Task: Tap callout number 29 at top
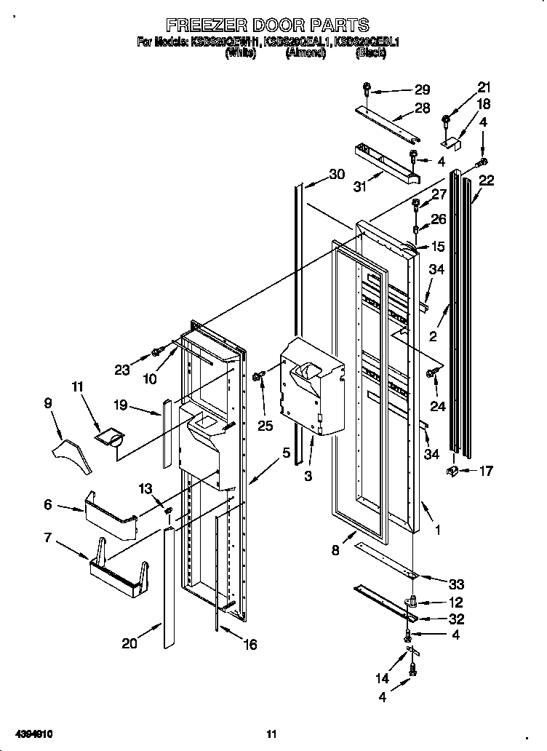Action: click(x=422, y=90)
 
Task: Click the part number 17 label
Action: click(x=485, y=471)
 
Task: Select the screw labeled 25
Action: click(x=257, y=375)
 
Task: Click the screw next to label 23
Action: click(x=156, y=352)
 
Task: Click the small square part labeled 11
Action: click(x=111, y=436)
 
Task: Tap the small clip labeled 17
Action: click(x=452, y=473)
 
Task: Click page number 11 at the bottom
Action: click(x=272, y=734)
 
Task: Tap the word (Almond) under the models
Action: click(x=306, y=53)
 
